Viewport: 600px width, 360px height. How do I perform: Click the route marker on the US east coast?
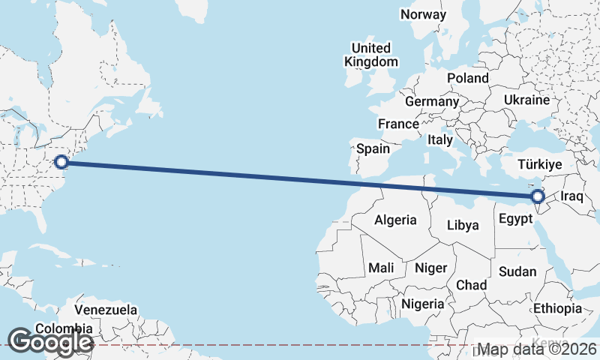(x=62, y=161)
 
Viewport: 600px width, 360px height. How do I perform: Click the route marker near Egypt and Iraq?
(x=537, y=197)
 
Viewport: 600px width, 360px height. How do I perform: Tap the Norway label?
(x=423, y=14)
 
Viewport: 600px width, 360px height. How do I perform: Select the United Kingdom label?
(x=371, y=55)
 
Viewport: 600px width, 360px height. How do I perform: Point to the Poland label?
(x=467, y=78)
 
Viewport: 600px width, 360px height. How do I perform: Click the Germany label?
(x=431, y=101)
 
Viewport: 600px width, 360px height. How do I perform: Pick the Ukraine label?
(x=526, y=100)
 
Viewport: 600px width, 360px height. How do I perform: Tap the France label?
(x=397, y=124)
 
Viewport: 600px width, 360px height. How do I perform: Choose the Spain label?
(x=373, y=148)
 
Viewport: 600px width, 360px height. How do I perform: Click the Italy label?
(x=440, y=139)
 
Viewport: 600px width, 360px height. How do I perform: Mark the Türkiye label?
(x=541, y=164)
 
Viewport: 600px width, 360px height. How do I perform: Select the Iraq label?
(x=571, y=196)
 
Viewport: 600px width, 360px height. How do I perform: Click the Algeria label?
(x=395, y=220)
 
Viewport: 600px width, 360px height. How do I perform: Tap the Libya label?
(x=462, y=224)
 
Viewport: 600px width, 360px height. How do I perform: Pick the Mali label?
(x=381, y=268)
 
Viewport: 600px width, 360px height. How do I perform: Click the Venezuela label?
(x=106, y=310)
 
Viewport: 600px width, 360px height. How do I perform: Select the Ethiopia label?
(x=557, y=308)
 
